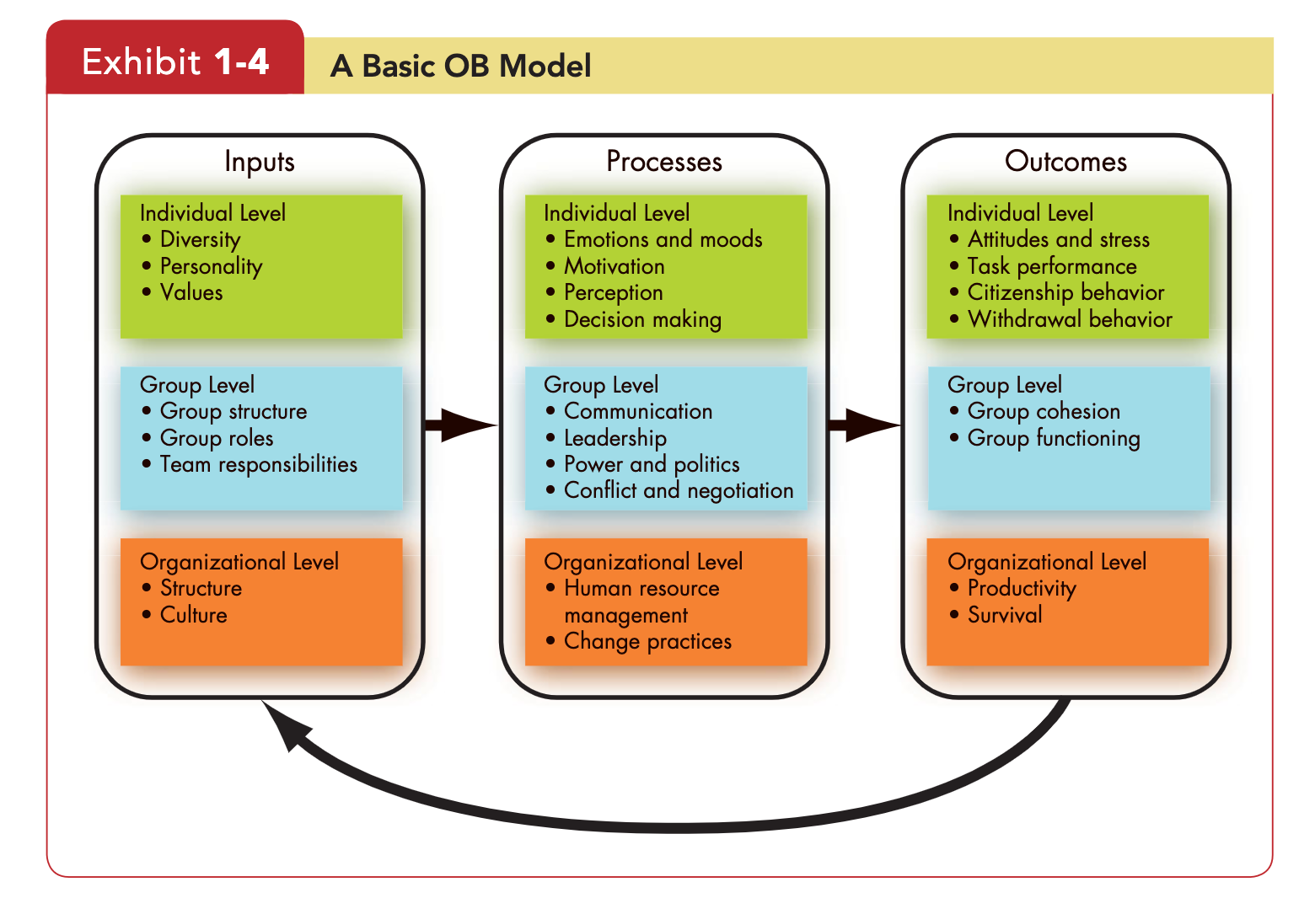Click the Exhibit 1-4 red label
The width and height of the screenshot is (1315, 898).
[175, 57]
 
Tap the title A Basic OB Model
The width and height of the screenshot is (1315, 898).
[461, 66]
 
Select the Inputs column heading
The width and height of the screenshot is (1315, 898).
[260, 162]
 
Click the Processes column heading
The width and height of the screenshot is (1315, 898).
[664, 161]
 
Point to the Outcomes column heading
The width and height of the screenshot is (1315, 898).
[1065, 161]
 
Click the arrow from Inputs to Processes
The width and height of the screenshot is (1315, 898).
[461, 425]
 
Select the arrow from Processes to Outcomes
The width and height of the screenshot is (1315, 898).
[864, 425]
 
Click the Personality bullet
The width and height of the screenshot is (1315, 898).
[203, 267]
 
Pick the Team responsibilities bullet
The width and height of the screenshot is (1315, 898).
[250, 464]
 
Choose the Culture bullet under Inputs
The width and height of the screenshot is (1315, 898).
[185, 615]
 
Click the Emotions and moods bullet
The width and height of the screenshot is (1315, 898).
[654, 239]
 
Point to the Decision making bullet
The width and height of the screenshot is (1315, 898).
[633, 319]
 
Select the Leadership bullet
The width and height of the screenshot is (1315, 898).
[606, 438]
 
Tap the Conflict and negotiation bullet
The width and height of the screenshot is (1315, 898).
[669, 491]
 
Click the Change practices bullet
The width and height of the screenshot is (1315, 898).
[639, 642]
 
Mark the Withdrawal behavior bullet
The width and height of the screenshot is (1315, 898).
[1060, 319]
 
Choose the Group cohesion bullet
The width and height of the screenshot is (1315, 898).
[1035, 412]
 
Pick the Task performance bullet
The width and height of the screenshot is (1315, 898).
[1044, 267]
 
